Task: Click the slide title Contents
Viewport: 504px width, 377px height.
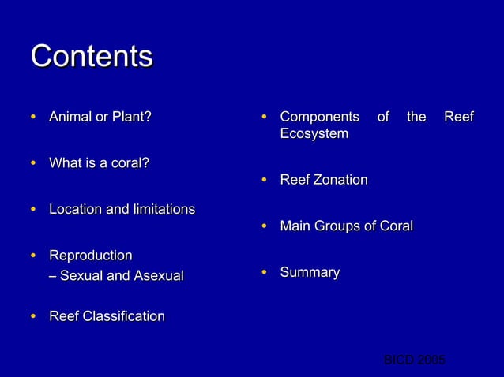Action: point(92,56)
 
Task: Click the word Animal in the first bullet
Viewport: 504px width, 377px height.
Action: point(71,118)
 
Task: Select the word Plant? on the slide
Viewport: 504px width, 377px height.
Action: point(131,118)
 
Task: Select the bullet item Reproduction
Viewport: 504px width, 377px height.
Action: point(90,256)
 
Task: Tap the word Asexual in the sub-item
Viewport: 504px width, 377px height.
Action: point(154,276)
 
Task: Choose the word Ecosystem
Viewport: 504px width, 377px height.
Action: point(314,134)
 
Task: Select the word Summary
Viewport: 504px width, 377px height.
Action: point(310,272)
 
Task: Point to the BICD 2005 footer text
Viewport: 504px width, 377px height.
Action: point(414,360)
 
